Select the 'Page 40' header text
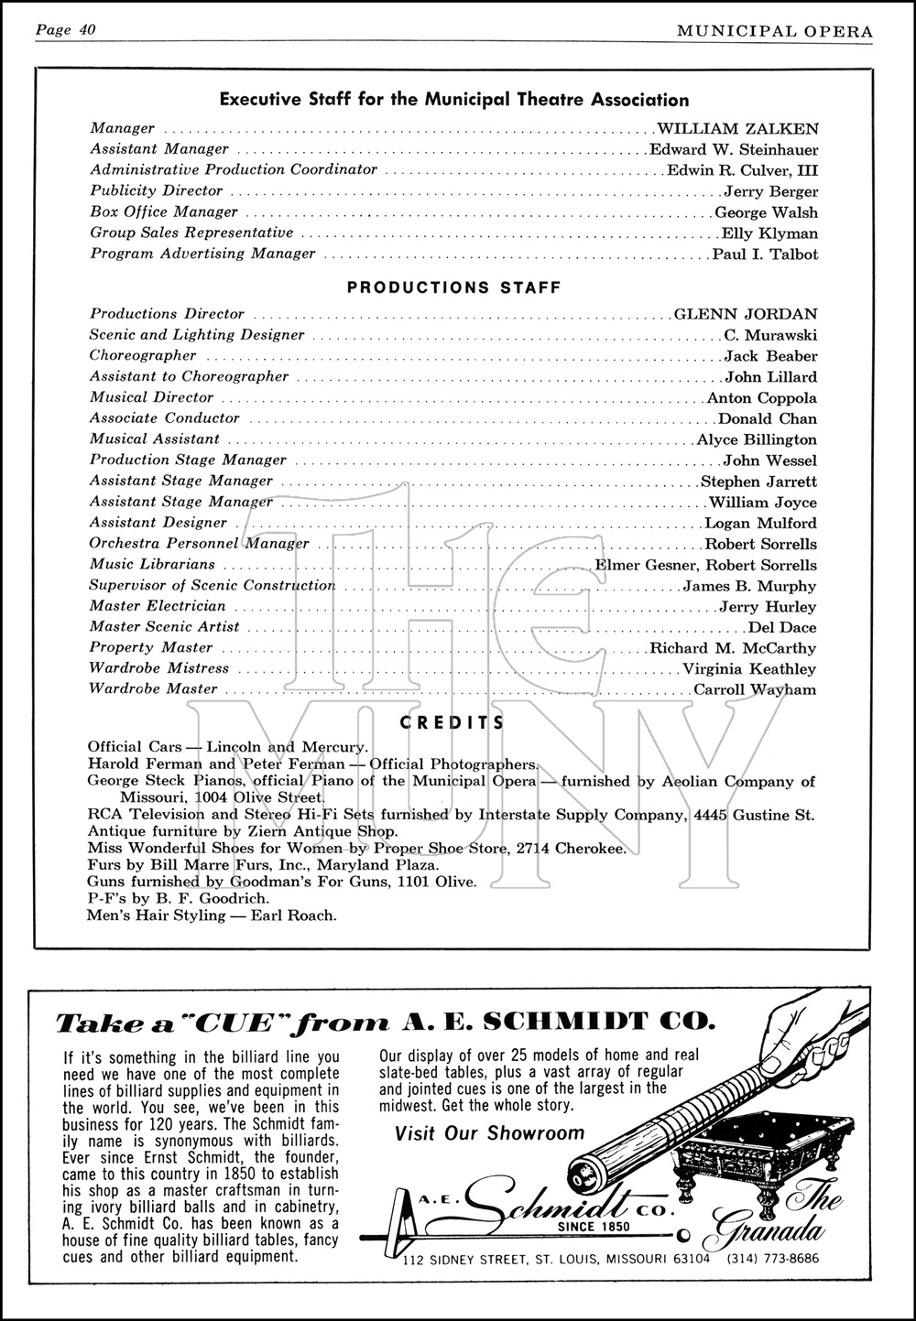pyautogui.click(x=66, y=30)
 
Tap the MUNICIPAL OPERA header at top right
pyautogui.click(x=775, y=31)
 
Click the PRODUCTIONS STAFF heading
pyautogui.click(x=453, y=287)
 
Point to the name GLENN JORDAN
pyautogui.click(x=746, y=314)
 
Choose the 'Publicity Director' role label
pyautogui.click(x=156, y=190)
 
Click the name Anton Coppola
pyautogui.click(x=762, y=398)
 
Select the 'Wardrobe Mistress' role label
pyautogui.click(x=158, y=668)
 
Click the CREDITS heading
pyautogui.click(x=453, y=722)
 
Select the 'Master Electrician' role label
pyautogui.click(x=157, y=606)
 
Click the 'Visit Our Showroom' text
pyautogui.click(x=489, y=1133)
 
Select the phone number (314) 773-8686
pyautogui.click(x=774, y=1258)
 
